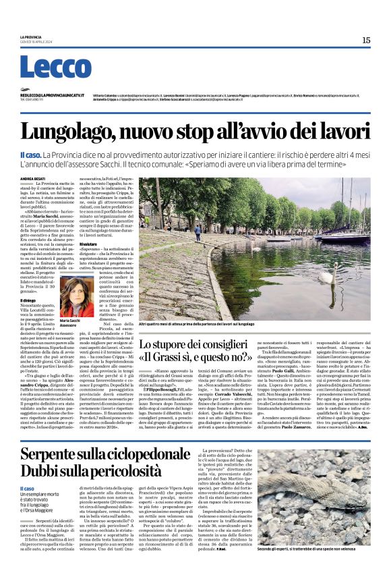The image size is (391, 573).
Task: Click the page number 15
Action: coord(365,40)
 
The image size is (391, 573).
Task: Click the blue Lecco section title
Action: coord(46,67)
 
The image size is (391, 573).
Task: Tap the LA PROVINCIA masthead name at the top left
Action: coord(31,36)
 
